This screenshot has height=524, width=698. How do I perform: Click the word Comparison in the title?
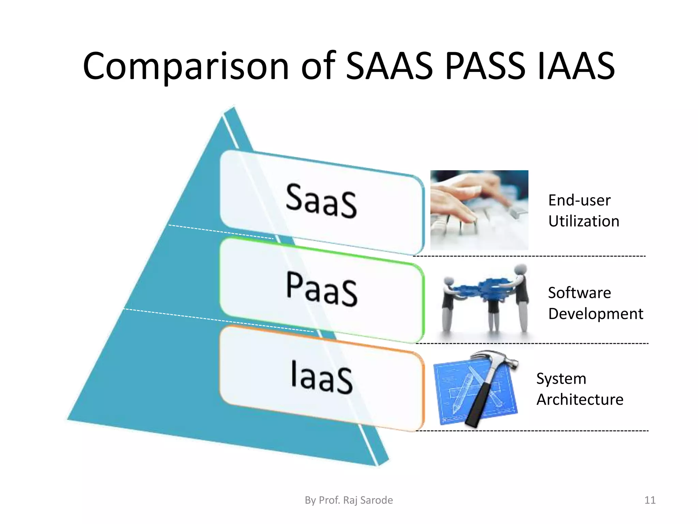point(186,67)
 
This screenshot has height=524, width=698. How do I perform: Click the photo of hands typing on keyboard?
point(479,210)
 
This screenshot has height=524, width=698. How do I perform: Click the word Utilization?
point(583,221)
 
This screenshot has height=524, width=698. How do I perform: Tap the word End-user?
point(579,200)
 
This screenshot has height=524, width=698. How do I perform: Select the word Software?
point(579,293)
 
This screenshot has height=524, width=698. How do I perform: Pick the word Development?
point(595,314)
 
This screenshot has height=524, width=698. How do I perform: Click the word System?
point(561,379)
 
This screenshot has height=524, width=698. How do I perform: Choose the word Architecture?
point(580,399)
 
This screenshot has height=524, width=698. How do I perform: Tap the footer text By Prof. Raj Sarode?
point(349,500)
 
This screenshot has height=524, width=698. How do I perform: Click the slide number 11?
point(650,500)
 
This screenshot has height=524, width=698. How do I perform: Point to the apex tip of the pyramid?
point(233,108)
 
